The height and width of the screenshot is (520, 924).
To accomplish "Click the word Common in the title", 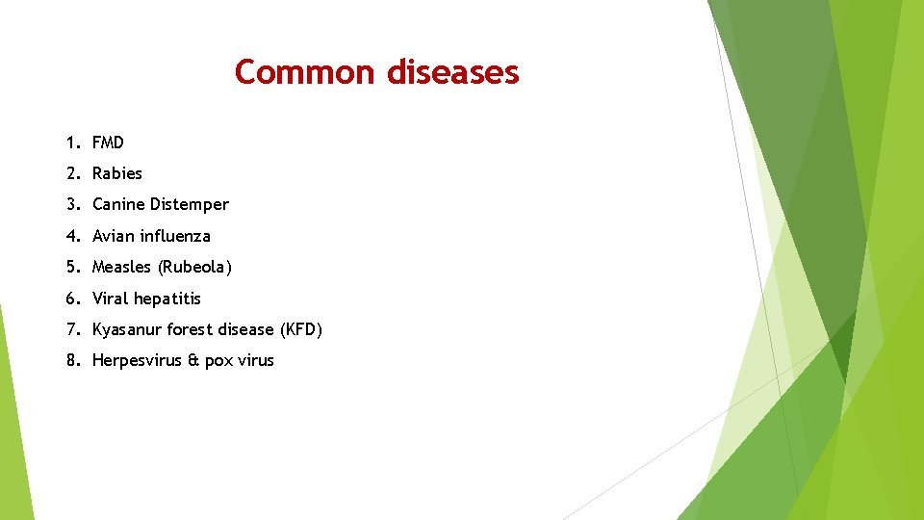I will coord(305,72).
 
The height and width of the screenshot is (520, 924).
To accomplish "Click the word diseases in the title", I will coord(452,72).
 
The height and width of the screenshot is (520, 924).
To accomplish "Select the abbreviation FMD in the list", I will coord(108,143).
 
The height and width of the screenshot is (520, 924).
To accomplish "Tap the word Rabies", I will coord(116,173).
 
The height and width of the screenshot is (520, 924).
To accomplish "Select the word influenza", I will coord(175,236).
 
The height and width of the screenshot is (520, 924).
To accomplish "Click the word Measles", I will coord(121,267).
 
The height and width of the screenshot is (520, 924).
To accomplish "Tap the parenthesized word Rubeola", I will coord(194,267).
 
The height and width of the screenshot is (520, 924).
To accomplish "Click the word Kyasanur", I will coord(127,329).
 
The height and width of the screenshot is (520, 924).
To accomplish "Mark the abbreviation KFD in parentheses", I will coord(300,329).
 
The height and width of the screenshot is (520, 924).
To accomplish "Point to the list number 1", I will coord(71,143).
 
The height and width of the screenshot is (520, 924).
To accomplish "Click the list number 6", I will coord(71,299).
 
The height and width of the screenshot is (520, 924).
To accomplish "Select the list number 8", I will coord(71,360).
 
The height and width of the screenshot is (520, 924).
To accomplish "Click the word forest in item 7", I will coord(192,329).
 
